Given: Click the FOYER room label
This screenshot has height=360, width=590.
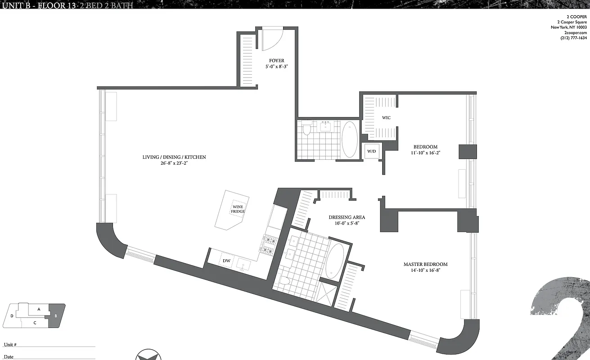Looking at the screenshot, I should (276, 61).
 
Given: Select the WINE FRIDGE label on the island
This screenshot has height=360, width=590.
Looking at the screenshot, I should (238, 209).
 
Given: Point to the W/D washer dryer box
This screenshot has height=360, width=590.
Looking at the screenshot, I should (371, 152).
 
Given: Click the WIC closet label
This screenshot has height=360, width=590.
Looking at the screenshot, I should (386, 118).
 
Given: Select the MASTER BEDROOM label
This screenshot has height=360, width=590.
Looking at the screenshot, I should (425, 265).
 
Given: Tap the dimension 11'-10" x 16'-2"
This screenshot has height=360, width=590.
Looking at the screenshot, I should (425, 153).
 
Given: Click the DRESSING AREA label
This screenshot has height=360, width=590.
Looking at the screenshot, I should (347, 217).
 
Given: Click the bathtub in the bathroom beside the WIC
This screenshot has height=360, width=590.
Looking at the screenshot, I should (350, 139).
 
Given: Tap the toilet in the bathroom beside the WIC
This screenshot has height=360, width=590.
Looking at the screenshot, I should (307, 130).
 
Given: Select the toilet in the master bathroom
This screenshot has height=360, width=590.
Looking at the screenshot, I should (284, 281).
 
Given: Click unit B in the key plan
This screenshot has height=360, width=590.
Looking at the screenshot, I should (56, 315).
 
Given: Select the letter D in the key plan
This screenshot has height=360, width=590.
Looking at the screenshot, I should (12, 316).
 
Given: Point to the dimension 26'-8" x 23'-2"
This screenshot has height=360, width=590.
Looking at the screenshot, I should (174, 163).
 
